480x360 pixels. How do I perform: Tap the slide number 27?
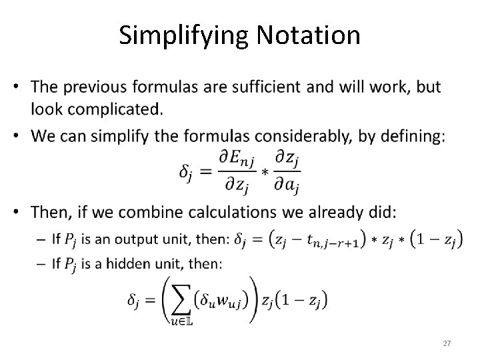447,343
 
